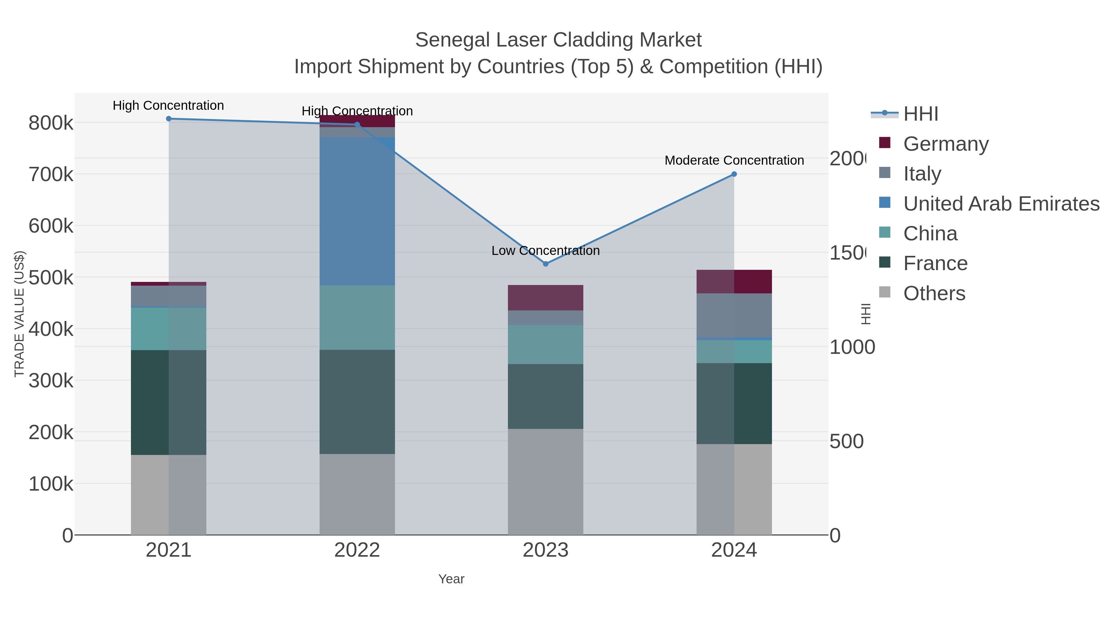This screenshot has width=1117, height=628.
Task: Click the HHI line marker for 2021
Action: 169,119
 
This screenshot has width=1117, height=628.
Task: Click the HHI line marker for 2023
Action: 545,264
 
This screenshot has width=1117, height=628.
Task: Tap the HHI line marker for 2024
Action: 734,174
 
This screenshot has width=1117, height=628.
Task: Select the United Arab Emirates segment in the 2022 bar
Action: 357,211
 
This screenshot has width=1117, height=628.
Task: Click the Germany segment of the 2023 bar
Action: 545,298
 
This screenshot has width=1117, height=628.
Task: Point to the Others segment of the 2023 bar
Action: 545,482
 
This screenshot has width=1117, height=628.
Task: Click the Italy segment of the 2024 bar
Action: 734,315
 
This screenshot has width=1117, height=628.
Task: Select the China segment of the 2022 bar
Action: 357,318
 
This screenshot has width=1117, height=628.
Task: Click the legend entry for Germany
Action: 945,144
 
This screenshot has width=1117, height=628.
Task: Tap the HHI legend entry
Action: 920,114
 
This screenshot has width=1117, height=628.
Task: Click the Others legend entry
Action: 934,293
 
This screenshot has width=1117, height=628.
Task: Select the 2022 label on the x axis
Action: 357,550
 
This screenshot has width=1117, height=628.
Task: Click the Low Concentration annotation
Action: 545,251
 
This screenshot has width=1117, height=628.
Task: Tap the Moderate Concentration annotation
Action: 734,160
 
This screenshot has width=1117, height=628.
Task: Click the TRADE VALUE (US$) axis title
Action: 19,314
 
